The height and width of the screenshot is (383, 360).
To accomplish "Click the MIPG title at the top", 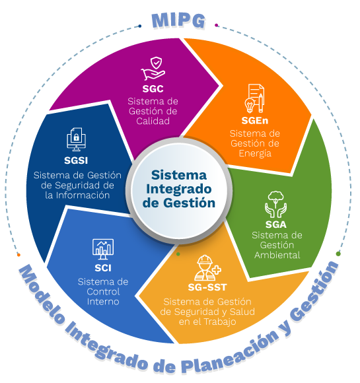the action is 178,20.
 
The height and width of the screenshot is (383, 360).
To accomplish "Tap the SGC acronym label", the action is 153,88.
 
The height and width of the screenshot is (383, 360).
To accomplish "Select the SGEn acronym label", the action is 255,120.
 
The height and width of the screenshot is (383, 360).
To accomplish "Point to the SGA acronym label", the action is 276,225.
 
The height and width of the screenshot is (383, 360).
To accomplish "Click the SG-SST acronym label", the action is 207,287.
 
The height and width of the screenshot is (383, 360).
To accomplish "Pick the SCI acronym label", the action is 103,268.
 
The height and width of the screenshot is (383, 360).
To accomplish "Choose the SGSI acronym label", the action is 76,160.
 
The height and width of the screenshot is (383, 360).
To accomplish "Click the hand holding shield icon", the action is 153,69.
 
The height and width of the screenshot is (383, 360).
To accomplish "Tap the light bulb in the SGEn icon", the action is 250,105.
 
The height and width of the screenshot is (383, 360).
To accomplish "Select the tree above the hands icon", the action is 275,198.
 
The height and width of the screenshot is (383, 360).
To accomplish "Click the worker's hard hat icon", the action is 205,260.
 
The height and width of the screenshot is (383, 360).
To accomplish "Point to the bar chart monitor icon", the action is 103,249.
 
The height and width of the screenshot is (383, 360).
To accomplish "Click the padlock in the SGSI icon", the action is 76,137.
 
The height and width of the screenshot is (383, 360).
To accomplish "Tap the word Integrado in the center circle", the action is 178,189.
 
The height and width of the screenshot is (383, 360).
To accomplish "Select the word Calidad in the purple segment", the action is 153,121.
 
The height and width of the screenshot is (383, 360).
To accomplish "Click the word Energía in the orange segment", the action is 255,154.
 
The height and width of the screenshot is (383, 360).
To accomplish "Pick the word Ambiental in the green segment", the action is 277,255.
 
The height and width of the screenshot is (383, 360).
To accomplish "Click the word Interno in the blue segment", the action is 103,302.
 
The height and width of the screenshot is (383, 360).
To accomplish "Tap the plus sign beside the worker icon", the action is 217,270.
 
